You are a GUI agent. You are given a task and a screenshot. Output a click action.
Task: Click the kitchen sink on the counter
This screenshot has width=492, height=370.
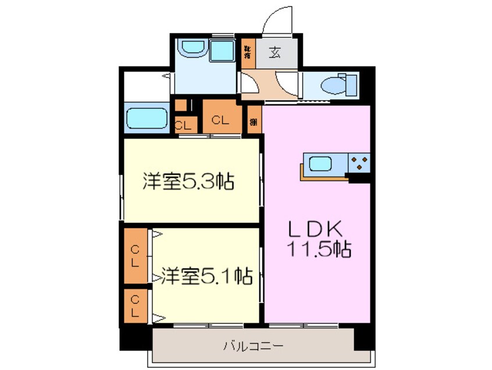coord(320,163)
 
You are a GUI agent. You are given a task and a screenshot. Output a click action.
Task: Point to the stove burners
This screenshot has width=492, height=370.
coord(359,162)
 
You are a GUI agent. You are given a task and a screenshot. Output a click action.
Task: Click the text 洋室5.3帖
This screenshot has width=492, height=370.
coord(188,183)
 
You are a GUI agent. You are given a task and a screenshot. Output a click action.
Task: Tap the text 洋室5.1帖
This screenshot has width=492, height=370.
coord(206,275)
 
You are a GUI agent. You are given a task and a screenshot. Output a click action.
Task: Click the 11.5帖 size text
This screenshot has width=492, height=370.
coord(318,250)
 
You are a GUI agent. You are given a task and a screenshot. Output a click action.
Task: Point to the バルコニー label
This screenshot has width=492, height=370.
coord(254,347)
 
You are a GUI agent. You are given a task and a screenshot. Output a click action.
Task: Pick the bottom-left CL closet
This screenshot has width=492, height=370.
coord(135,305)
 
